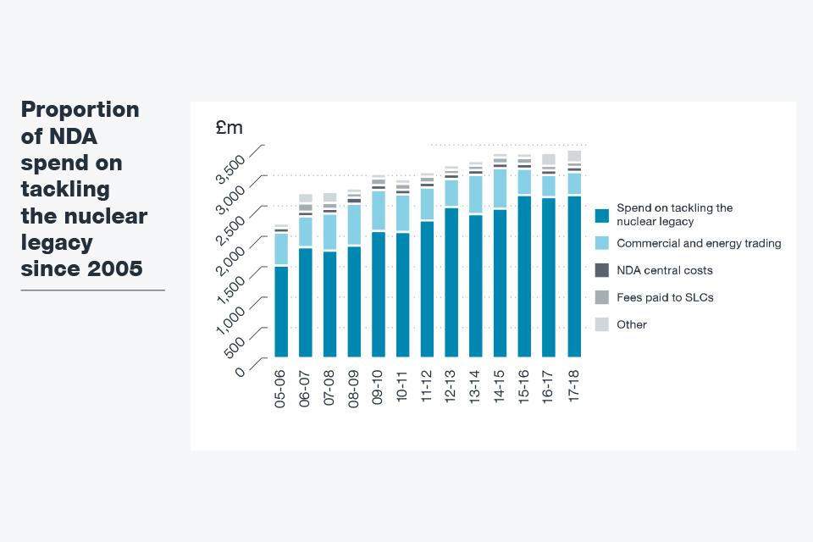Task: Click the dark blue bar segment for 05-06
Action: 281,312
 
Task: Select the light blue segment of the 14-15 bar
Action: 501,188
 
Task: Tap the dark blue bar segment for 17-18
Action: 574,276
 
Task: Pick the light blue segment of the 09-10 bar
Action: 379,211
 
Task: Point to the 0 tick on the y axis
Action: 241,370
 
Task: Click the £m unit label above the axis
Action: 229,128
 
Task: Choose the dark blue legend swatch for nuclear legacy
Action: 602,215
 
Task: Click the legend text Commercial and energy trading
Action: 699,243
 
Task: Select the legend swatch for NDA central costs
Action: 602,270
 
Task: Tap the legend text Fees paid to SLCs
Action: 665,297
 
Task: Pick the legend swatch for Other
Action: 602,324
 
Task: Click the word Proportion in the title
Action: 80,110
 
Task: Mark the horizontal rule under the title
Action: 92,290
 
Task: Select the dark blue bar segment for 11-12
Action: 428,289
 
